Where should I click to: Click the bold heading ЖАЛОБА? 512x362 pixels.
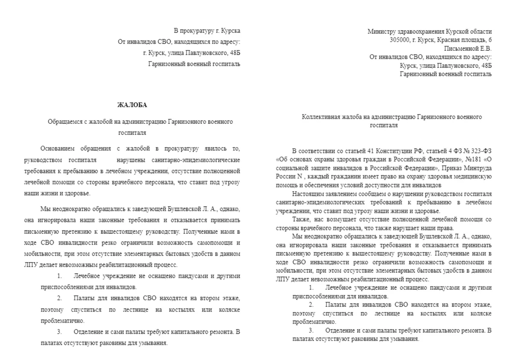pyautogui.click(x=132, y=105)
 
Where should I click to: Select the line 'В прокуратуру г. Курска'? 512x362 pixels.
pyautogui.click(x=207, y=31)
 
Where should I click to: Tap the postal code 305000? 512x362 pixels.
pyautogui.click(x=401, y=40)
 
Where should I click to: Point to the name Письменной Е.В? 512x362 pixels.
pyautogui.click(x=468, y=48)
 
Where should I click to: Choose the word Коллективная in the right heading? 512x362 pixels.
pyautogui.click(x=320, y=117)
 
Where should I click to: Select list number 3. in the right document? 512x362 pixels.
pyautogui.click(x=311, y=331)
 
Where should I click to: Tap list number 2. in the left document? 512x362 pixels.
pyautogui.click(x=59, y=298)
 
